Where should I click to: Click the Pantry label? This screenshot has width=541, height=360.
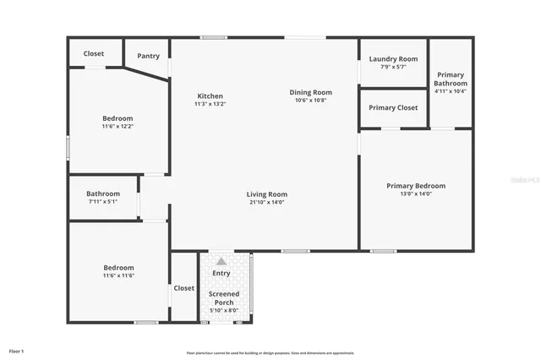[x=148, y=56]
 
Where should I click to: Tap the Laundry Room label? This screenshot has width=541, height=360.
[x=393, y=59]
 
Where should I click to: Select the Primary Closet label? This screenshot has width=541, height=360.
[x=393, y=108]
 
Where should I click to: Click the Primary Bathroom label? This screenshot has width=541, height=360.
[x=451, y=79]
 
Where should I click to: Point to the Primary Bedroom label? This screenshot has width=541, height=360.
[x=416, y=186]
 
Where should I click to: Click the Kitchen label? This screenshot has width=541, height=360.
[x=210, y=95]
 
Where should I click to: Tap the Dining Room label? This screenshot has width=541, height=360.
[x=311, y=92]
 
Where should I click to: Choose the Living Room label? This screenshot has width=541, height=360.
[x=267, y=194]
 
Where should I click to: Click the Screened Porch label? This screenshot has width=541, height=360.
[x=224, y=297]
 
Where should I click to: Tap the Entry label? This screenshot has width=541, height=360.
[x=221, y=273]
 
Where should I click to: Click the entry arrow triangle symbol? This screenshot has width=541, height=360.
[x=221, y=261]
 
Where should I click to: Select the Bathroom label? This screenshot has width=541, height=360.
[x=103, y=194]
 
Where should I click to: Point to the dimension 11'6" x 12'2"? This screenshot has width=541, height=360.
[x=117, y=127]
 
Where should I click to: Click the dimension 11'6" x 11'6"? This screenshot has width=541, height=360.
[x=117, y=276]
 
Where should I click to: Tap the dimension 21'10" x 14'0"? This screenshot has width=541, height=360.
[x=267, y=203]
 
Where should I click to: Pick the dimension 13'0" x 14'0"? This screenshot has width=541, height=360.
[x=416, y=194]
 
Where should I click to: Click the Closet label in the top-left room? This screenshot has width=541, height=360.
[x=94, y=54]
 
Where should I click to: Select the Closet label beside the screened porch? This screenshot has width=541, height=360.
[x=184, y=288]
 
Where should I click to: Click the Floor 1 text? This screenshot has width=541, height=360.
[x=17, y=351]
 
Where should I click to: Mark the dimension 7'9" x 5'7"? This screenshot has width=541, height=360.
[x=393, y=67]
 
